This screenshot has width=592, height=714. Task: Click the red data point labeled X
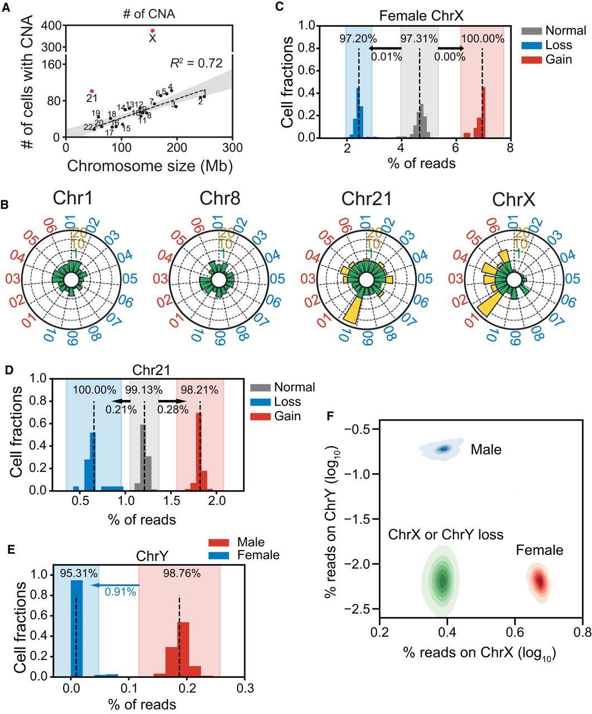pos(152,30)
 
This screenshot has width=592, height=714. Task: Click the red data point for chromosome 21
pos(92,91)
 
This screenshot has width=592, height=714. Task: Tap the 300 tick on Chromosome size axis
pos(233,147)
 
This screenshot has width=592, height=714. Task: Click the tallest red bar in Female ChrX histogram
pos(484,112)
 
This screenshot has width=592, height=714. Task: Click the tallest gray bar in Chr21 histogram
pos(143,457)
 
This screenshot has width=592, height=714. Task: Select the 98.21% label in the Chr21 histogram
pos(199,390)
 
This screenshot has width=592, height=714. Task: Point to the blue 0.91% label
pos(121,593)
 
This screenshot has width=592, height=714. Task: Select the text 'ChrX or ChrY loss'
pos(445,535)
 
